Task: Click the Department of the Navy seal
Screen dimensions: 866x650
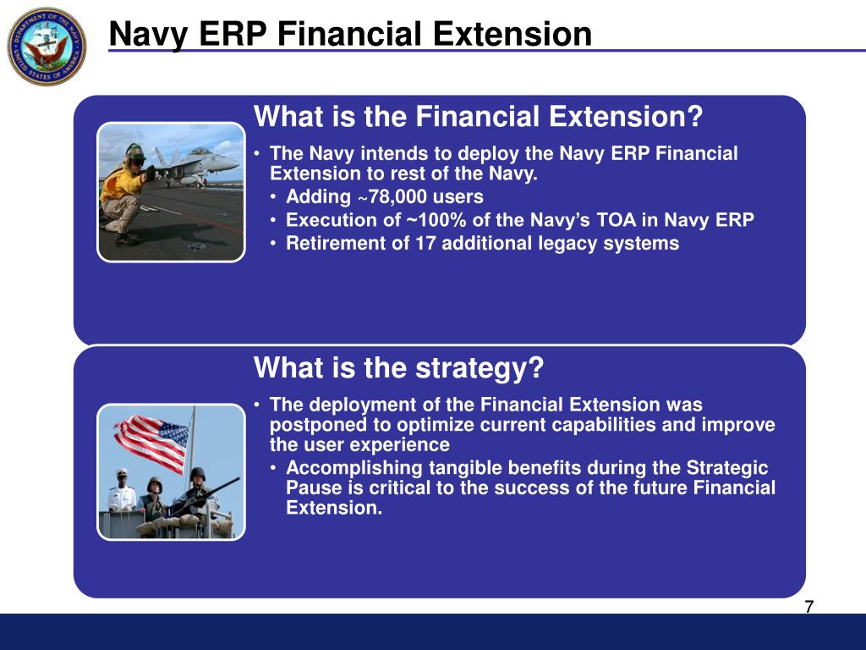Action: click(x=47, y=47)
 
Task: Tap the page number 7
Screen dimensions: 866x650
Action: click(x=809, y=607)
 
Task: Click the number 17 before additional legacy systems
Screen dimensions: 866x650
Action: click(x=425, y=243)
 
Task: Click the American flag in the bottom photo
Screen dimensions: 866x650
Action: click(x=151, y=442)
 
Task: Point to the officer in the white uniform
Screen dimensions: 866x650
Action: click(x=122, y=491)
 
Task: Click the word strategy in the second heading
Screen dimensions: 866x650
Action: click(x=480, y=368)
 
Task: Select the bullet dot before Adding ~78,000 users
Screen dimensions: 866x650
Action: click(x=273, y=197)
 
